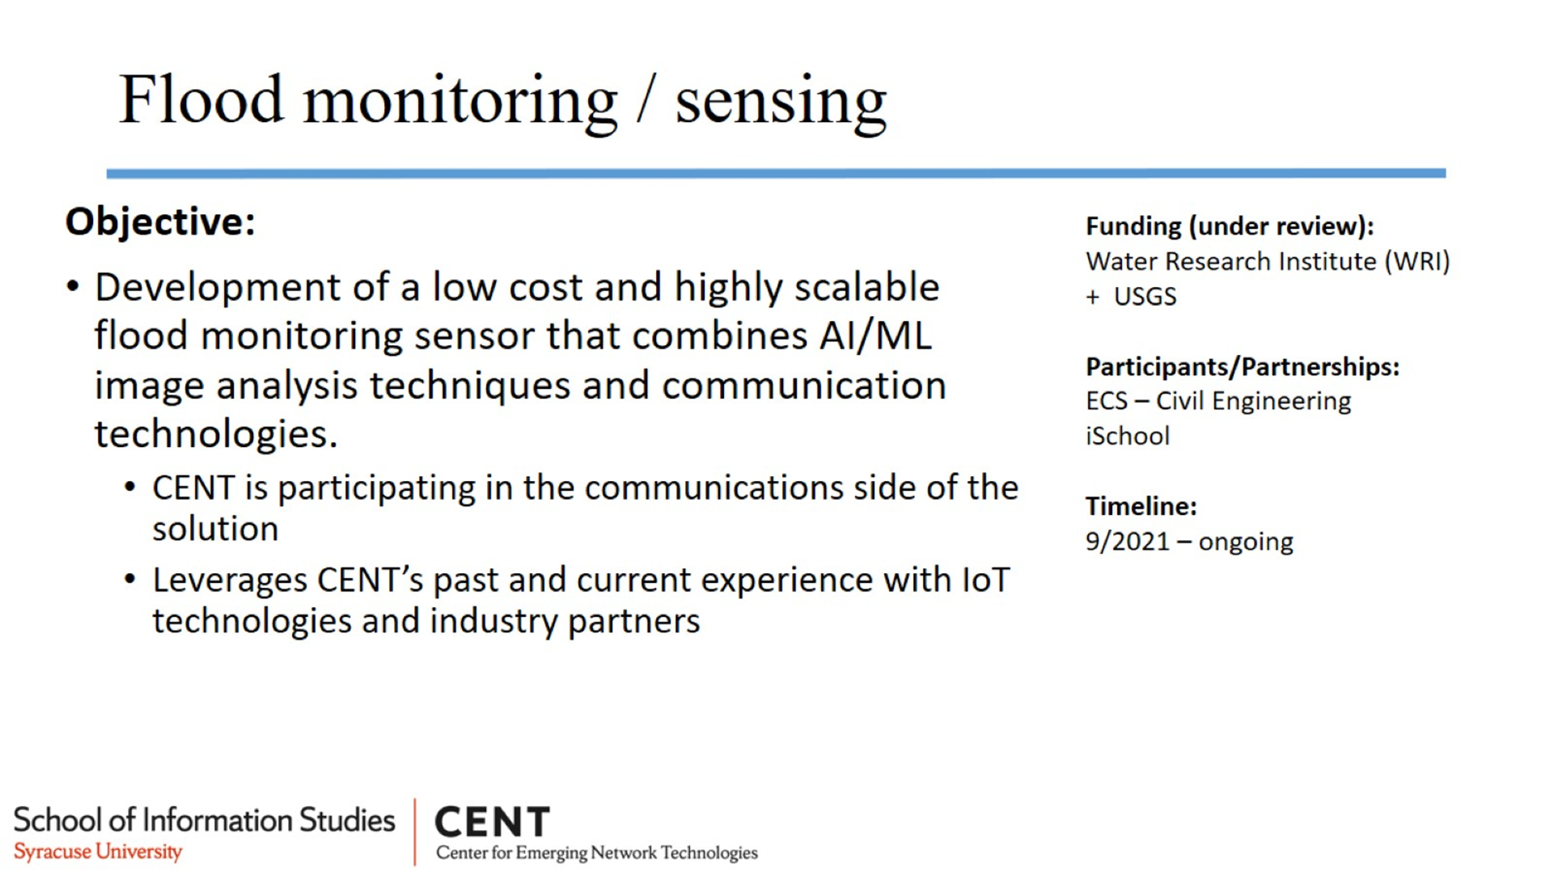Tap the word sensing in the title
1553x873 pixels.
[x=781, y=104]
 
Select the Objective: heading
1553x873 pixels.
[x=160, y=221]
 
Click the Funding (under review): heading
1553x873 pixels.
[x=1229, y=226]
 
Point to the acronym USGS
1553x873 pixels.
[x=1145, y=297]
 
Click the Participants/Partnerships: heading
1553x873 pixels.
[x=1242, y=367]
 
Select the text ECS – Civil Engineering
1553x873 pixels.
[x=1218, y=402]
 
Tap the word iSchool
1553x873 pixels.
[x=1128, y=436]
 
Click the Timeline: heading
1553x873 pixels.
[x=1141, y=506]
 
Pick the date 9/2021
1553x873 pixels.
[x=1128, y=541]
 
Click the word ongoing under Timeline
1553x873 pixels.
[x=1246, y=542]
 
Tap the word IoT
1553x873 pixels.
[x=986, y=580]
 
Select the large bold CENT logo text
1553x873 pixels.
[x=493, y=822]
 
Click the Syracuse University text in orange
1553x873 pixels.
[x=98, y=852]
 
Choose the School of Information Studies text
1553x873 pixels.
[x=205, y=820]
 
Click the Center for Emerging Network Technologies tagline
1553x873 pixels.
[x=597, y=853]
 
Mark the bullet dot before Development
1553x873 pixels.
[x=74, y=287]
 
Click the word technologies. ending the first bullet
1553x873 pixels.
[x=216, y=434]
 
